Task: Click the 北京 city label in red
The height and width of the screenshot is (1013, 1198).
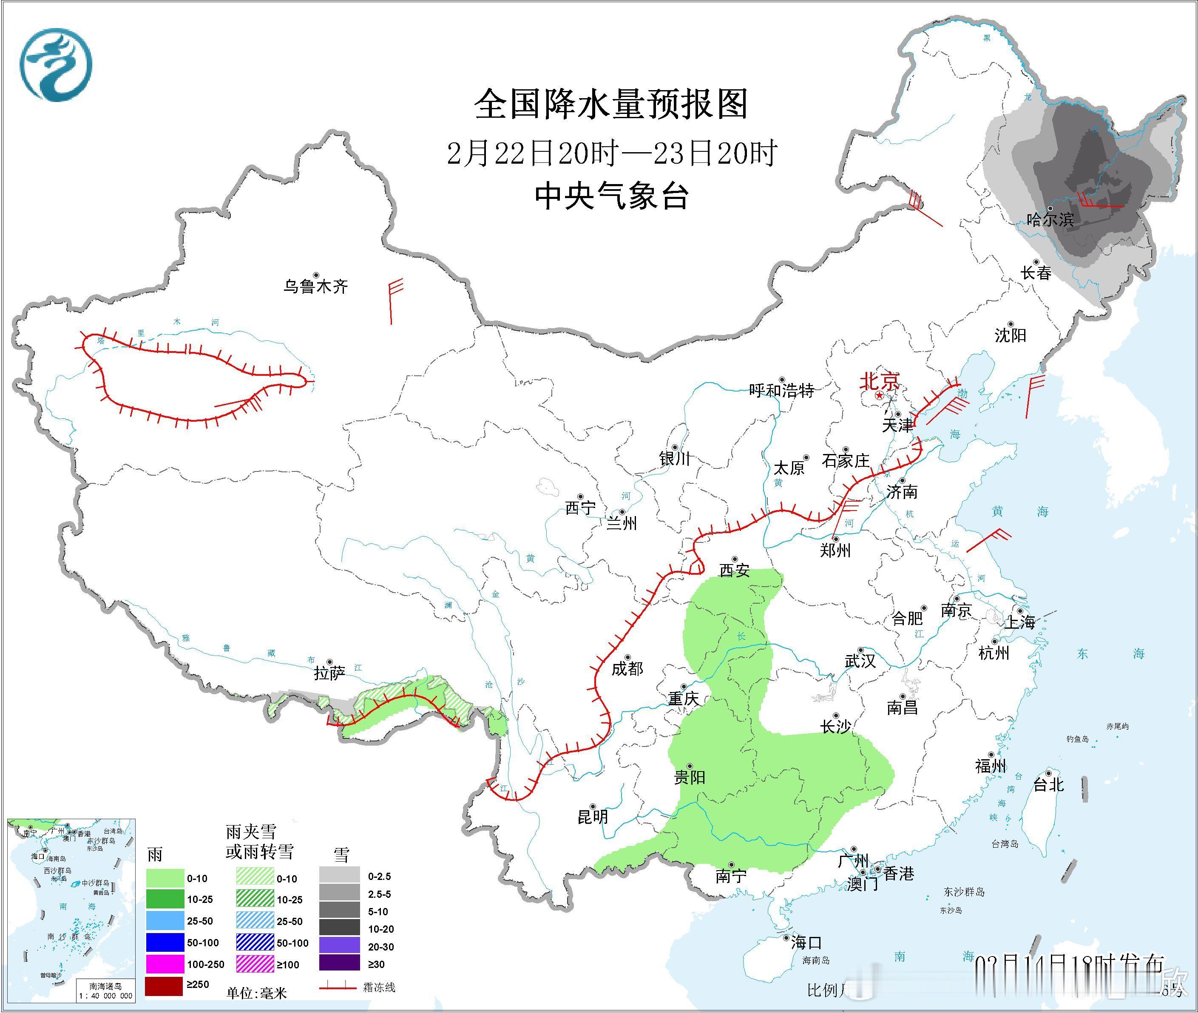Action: click(x=879, y=381)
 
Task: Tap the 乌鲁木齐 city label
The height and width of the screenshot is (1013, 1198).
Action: click(x=315, y=286)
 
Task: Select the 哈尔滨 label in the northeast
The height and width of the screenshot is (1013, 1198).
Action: click(x=1050, y=219)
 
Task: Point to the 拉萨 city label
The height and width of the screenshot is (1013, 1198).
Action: click(x=329, y=673)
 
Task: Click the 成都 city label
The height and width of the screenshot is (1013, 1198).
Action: click(x=627, y=668)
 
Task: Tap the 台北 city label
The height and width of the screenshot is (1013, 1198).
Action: click(x=1049, y=784)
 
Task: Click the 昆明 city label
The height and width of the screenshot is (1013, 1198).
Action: click(x=593, y=817)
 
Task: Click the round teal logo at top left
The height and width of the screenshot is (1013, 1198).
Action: click(x=56, y=64)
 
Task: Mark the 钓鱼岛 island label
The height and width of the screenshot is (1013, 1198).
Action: click(x=1077, y=739)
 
